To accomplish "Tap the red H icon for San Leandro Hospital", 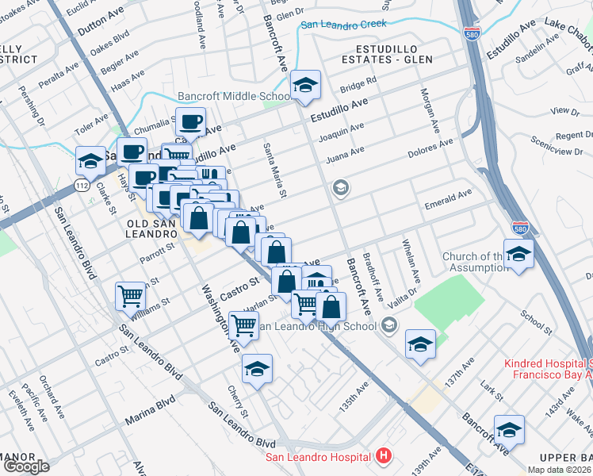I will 384,456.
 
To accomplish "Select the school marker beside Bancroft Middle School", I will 304,85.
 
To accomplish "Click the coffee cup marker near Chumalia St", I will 190,123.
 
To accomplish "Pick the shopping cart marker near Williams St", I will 130,297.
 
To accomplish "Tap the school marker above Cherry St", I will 257,369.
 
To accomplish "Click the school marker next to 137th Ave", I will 420,344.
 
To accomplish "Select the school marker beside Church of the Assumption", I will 518,254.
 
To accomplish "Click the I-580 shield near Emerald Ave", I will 520,226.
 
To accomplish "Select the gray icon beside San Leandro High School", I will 388,325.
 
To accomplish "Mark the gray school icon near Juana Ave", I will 341,188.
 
